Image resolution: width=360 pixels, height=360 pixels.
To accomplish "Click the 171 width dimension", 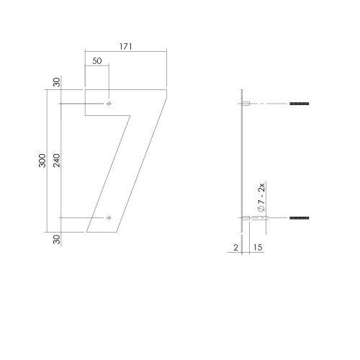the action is [x=126, y=47].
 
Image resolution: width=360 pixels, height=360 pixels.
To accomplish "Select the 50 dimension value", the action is [x=97, y=61].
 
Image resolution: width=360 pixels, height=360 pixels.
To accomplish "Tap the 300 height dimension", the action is [x=42, y=161].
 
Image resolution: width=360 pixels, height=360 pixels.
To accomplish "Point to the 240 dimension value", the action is [x=57, y=161].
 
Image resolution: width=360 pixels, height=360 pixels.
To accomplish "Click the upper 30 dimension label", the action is [x=57, y=82].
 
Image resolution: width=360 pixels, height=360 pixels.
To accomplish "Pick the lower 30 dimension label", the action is [x=57, y=239].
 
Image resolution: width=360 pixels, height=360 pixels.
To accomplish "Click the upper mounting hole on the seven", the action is [x=109, y=104].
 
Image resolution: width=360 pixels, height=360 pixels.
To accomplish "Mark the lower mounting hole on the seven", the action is [x=109, y=218].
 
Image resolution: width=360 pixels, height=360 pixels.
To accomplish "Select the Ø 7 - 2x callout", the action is [x=261, y=197].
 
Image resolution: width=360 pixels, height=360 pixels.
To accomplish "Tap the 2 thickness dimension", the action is [x=236, y=248].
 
